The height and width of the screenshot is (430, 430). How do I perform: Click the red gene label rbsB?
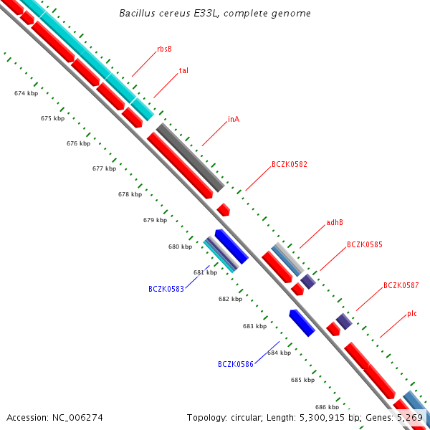164,49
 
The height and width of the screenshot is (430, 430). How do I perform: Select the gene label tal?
183,71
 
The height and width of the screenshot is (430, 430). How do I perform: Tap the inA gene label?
234,119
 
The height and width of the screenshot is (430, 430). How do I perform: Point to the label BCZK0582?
290,164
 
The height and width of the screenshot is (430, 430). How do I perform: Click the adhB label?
335,222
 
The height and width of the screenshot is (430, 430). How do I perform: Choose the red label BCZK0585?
365,244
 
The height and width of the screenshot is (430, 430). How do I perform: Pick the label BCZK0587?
401,285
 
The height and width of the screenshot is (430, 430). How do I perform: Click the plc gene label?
412,313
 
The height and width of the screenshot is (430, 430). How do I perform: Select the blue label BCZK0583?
166,289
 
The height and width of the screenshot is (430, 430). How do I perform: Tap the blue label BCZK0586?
236,364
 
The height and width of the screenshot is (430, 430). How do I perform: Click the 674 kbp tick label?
27,94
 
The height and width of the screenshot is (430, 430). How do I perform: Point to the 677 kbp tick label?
104,169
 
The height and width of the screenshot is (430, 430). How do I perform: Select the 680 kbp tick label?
180,247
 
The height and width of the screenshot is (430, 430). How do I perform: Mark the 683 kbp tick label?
254,326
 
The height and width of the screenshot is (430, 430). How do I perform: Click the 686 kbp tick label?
327,406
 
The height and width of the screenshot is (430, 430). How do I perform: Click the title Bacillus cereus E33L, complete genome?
215,14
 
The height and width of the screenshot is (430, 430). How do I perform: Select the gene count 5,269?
414,417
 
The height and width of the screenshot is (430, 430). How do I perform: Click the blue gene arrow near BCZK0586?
302,322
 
